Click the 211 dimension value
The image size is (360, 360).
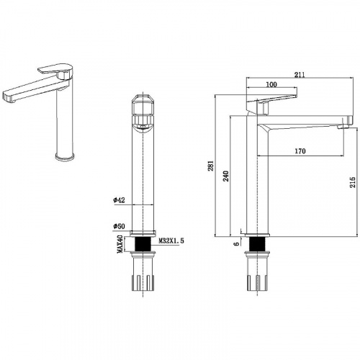300,75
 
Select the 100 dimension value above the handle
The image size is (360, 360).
271,84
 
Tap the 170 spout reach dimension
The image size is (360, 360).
300,151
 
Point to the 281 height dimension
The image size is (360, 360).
210,166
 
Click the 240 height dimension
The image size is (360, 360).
226,176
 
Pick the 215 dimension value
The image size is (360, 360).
352,182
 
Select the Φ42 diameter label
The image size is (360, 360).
120,200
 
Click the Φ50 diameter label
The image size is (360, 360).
120,226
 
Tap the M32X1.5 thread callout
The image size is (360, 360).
171,240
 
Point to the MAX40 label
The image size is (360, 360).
120,244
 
